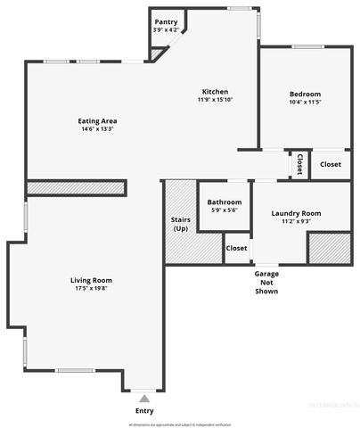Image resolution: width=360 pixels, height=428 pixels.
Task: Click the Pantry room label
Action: coord(166,22)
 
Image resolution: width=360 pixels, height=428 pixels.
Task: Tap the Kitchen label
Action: coord(215,92)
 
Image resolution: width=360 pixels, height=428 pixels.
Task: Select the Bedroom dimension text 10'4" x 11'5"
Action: coord(305,103)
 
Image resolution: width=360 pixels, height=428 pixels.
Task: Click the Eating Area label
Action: coord(98,121)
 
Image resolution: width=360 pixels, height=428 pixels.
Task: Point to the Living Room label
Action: coord(91,280)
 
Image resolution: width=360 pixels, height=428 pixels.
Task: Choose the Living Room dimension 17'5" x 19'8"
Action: coord(91,289)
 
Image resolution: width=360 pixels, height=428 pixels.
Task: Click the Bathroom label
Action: coord(225,202)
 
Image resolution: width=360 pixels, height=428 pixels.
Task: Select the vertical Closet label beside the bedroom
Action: coord(299,164)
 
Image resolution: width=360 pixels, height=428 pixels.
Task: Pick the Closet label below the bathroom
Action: coord(236,249)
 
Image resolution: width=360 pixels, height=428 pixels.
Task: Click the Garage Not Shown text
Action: coord(266,283)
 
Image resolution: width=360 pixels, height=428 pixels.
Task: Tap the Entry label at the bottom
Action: coord(144,411)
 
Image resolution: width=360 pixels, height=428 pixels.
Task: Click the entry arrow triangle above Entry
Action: coord(144,398)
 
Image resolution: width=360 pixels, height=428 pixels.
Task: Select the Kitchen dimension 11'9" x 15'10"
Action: coord(215,101)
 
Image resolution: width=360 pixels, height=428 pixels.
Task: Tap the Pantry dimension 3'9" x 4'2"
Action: coord(166,30)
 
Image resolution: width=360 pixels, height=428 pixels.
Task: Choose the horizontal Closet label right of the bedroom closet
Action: coord(330,164)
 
